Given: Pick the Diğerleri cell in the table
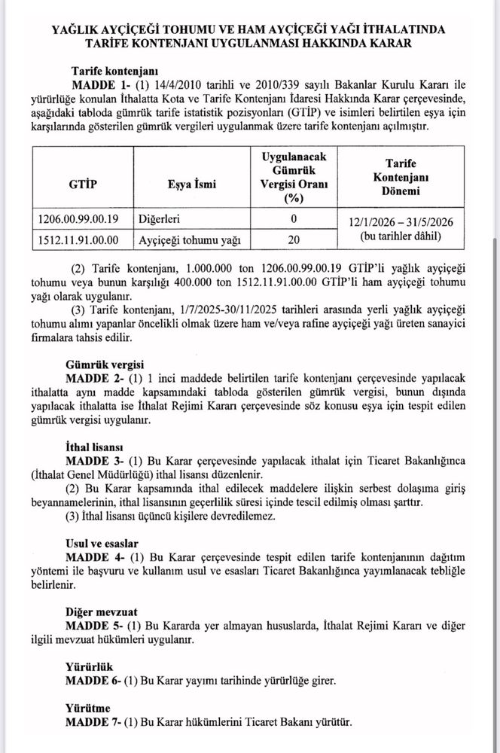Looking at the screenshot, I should click(x=165, y=219).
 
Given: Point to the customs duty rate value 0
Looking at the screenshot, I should click(x=294, y=219).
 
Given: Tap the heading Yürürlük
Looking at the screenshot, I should click(x=92, y=666).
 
